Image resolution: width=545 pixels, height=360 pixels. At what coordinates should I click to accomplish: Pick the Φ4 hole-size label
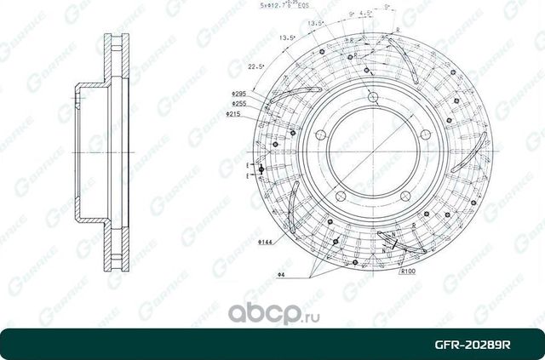point(279,274)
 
